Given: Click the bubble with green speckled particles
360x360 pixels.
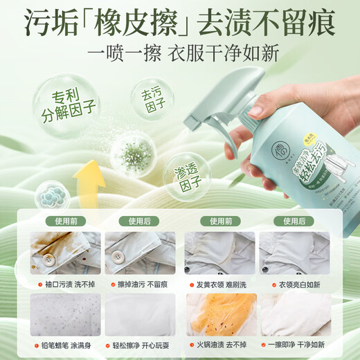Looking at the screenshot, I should pyautogui.click(x=132, y=153).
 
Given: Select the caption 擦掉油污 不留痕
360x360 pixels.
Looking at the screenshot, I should pyautogui.click(x=139, y=284).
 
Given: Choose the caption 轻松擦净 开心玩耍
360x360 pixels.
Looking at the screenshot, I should pyautogui.click(x=139, y=350).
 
